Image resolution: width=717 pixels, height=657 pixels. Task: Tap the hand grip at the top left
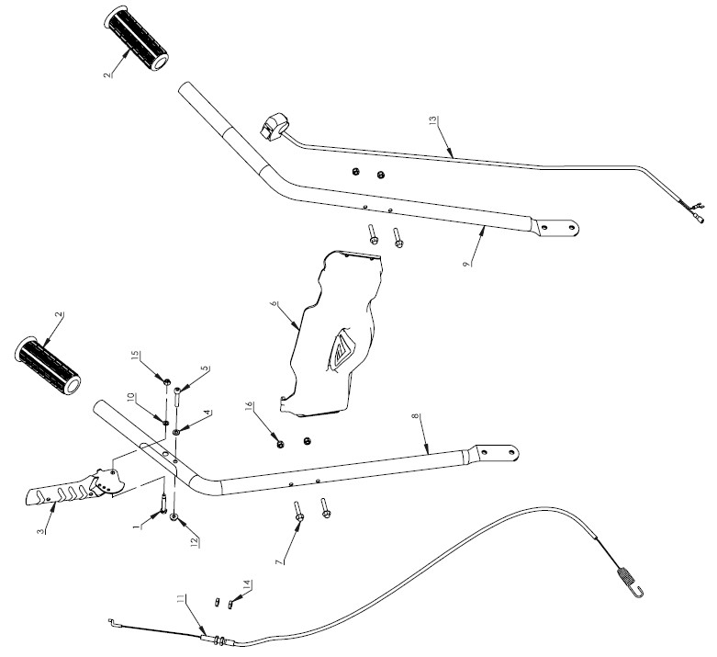coord(139,40)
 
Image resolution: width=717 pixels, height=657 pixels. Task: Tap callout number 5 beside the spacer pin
coord(206,368)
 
